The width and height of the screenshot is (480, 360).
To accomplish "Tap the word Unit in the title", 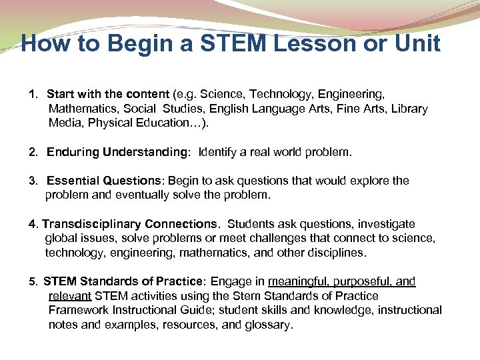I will [x=415, y=44].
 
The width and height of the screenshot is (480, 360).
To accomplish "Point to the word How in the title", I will [x=44, y=44].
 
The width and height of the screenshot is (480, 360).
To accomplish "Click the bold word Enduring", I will [x=73, y=152].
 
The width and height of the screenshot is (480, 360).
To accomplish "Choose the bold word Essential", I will [x=73, y=181].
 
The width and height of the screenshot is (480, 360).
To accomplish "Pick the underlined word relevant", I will [x=70, y=296].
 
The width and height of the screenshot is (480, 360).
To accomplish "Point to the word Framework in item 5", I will [x=79, y=310].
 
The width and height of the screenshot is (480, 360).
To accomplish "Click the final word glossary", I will [x=268, y=325].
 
